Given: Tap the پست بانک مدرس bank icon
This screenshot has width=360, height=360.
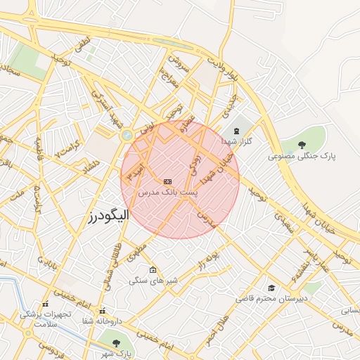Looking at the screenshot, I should point(168,182).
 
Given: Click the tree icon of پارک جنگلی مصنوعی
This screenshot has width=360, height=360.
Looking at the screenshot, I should point(302,146).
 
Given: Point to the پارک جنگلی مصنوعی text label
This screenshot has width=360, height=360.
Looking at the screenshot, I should point(302,156).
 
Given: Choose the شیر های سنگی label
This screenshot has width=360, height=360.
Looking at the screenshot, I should point(153,280).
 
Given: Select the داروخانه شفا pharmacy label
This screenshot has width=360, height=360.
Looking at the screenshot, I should point(102,321).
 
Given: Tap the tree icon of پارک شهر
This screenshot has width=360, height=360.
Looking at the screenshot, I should point(115,342).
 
